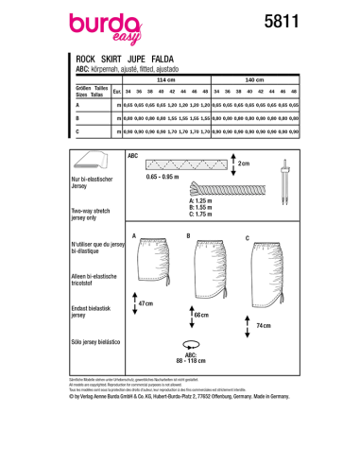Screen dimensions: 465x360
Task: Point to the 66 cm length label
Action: click(x=199, y=313)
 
